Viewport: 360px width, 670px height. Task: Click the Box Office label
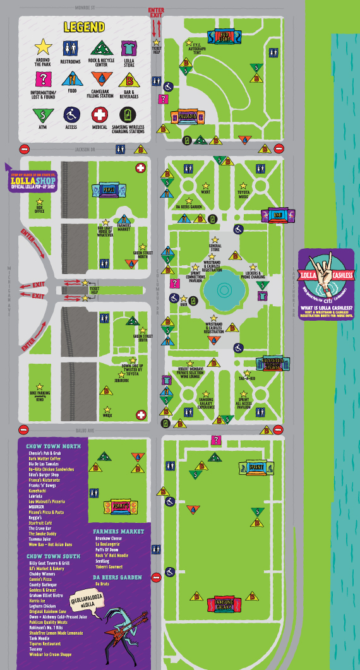coord(39,208)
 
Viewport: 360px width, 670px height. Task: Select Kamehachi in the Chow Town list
coord(37,490)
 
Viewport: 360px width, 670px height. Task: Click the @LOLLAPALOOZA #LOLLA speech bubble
coord(86,601)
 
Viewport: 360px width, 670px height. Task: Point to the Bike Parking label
coord(39,395)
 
